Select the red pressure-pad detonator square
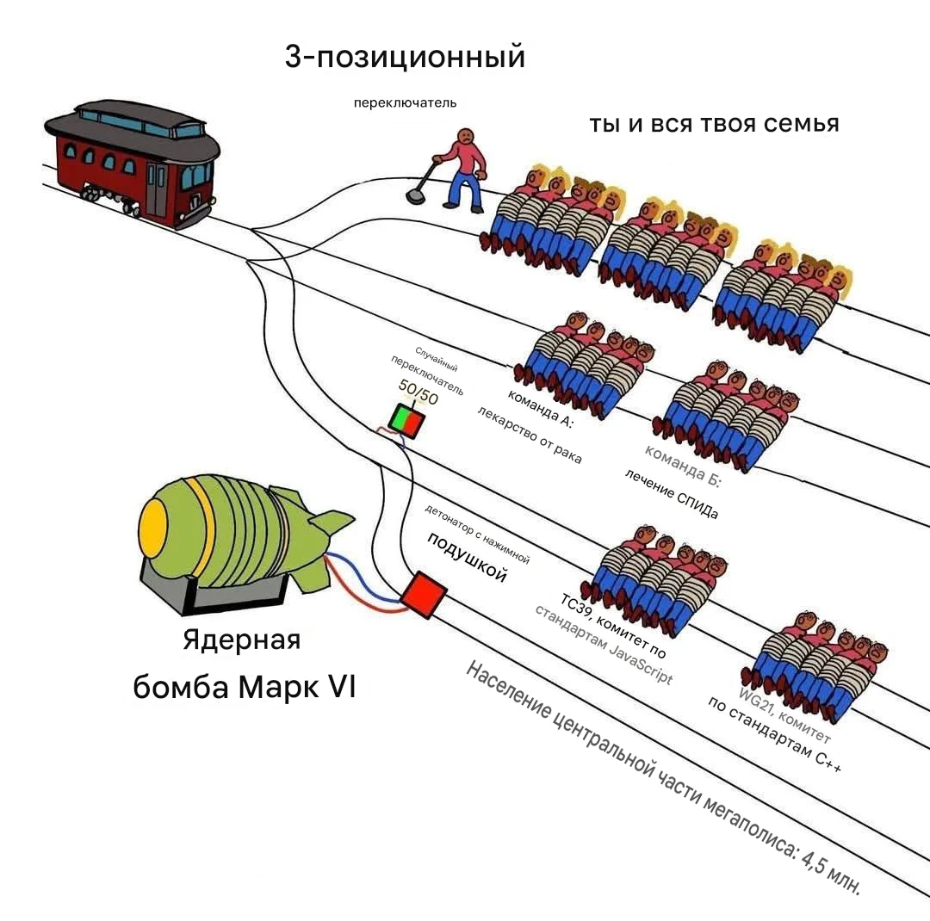click(x=424, y=594)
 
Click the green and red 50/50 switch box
click(x=406, y=420)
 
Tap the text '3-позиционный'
click(x=405, y=58)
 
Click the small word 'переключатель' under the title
click(x=405, y=103)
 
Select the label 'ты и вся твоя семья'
click(x=714, y=124)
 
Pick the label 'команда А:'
click(x=540, y=410)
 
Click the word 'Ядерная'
click(x=242, y=641)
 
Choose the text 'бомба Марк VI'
click(x=244, y=689)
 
